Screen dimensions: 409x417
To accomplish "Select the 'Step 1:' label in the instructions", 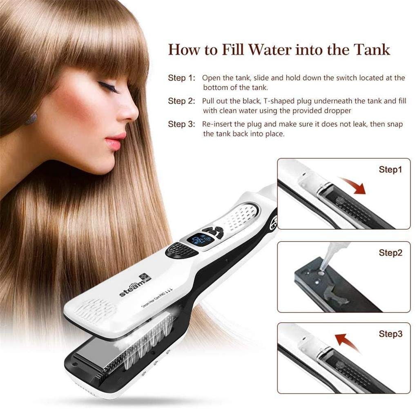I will click(x=181, y=78).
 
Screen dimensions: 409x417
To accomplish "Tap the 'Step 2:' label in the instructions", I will click(x=181, y=101).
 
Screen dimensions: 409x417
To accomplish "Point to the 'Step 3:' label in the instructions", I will click(x=181, y=124).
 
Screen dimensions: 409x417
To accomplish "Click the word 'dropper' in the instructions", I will click(x=338, y=110).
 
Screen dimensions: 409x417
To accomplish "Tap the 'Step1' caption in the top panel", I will click(x=390, y=169).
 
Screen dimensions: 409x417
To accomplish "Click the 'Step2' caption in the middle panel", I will click(x=390, y=253).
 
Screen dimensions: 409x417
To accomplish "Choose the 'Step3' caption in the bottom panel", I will click(x=390, y=334).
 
